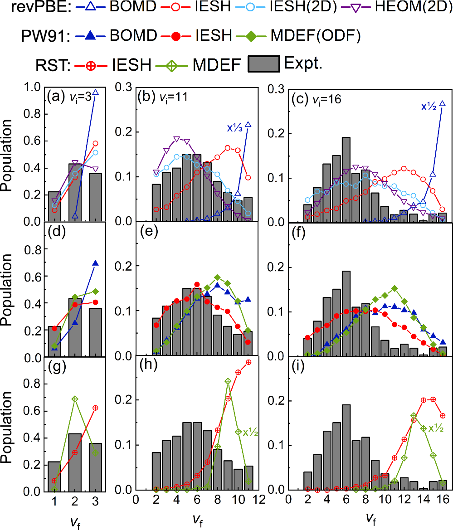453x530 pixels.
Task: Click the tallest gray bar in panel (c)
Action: (346, 179)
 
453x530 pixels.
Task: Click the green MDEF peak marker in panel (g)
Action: (75, 399)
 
